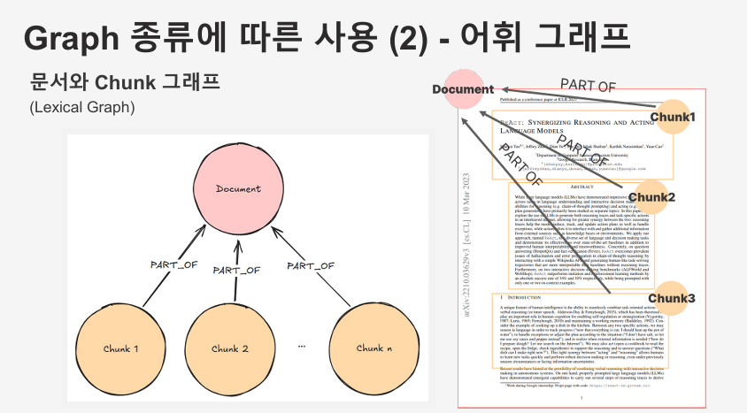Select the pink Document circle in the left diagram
click(x=238, y=189)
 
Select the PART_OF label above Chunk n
click(x=311, y=264)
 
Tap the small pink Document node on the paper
click(x=463, y=89)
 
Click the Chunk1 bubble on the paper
click(x=674, y=116)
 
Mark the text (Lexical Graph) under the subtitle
click(x=81, y=107)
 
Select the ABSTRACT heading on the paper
click(x=581, y=187)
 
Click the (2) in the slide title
click(x=404, y=40)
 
